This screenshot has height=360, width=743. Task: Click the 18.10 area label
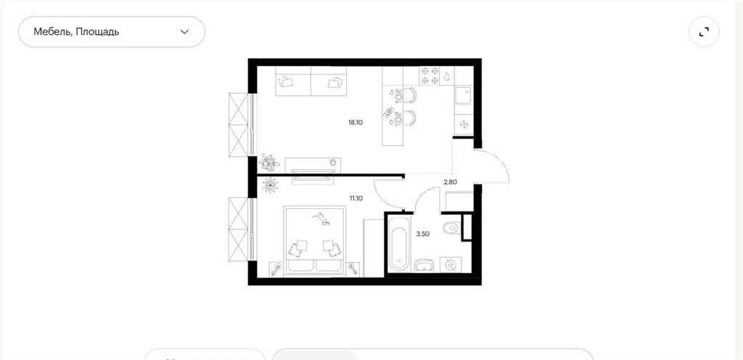click(x=355, y=122)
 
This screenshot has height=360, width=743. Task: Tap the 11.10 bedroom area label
click(x=356, y=198)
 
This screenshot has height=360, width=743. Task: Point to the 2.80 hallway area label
click(x=450, y=181)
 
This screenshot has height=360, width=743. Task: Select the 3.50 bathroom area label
click(x=423, y=234)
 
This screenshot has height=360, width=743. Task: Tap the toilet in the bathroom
click(x=451, y=229)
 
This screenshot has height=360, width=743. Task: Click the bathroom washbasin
click(x=424, y=265)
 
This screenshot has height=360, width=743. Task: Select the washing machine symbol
click(x=449, y=265)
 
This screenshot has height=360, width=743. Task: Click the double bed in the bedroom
click(x=315, y=240)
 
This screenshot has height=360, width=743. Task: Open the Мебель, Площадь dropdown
click(x=111, y=32)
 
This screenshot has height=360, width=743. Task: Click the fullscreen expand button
click(x=704, y=32)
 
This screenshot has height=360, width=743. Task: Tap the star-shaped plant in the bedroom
click(x=270, y=185)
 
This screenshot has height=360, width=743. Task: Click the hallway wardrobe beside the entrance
click(x=457, y=201)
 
